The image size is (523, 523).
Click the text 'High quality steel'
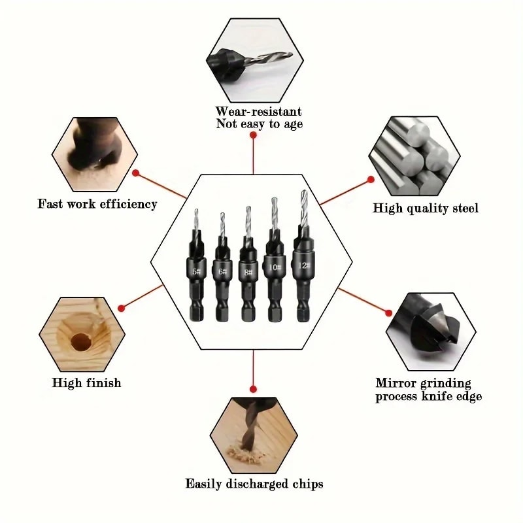426,209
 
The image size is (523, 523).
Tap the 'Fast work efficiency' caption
97,204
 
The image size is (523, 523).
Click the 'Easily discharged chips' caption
254,484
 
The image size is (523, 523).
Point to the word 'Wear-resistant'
259,112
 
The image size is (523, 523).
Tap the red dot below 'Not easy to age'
253,135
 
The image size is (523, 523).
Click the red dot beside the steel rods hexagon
371,179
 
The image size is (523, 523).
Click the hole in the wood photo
80,341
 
